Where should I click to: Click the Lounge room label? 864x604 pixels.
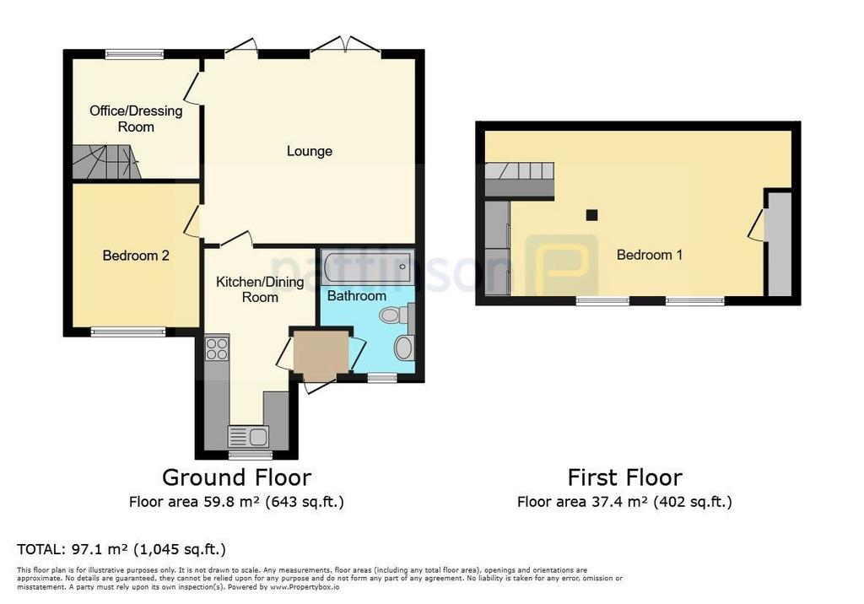[x=309, y=151]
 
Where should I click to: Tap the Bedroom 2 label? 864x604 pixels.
[x=136, y=256]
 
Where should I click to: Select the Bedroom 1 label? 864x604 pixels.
[x=649, y=255]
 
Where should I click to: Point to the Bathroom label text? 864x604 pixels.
[x=357, y=296]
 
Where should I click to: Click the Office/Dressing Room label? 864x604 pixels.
[x=136, y=118]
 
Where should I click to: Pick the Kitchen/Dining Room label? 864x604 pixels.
[x=260, y=289]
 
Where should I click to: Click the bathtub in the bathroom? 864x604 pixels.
[x=367, y=267]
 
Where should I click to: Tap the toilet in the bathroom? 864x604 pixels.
[x=393, y=315]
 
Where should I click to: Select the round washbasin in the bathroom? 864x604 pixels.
[x=404, y=348]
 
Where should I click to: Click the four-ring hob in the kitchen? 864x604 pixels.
[x=217, y=348]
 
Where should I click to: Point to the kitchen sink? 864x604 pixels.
[x=249, y=437]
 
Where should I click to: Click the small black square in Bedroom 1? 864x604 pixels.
[x=591, y=215]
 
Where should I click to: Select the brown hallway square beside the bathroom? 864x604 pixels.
[x=321, y=353]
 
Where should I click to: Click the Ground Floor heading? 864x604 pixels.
[x=236, y=477]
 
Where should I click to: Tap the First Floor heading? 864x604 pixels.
[x=625, y=477]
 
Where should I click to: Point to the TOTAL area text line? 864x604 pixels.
[x=121, y=549]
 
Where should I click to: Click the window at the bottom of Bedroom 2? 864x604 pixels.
[x=128, y=332]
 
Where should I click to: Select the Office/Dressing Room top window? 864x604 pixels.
[x=135, y=54]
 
